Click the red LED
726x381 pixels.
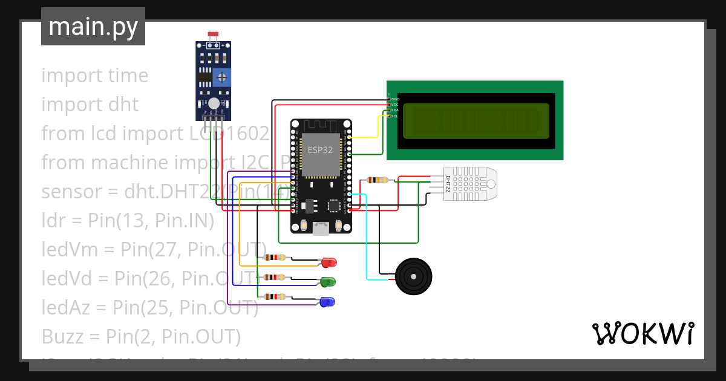point(329,262)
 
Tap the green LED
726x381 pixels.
point(328,282)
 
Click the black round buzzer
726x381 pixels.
point(414,277)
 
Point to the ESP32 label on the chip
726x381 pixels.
point(320,150)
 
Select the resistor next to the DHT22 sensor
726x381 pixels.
point(378,180)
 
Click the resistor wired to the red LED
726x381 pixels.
point(276,258)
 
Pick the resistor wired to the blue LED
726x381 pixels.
point(276,296)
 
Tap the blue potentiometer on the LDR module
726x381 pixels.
point(222,77)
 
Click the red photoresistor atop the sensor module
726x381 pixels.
point(212,35)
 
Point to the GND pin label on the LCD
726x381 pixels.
point(395,99)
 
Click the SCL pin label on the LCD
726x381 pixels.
point(394,116)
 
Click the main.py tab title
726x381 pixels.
point(93,27)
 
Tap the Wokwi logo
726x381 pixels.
point(643,334)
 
